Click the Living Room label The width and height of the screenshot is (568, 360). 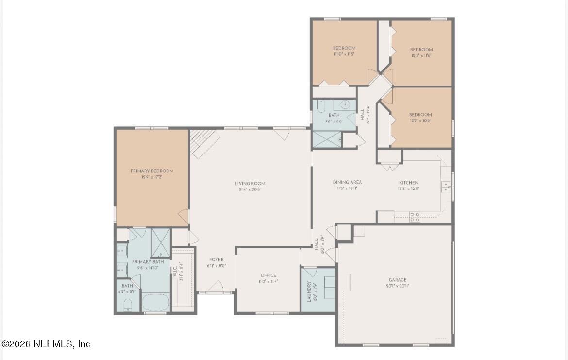pos(250,183)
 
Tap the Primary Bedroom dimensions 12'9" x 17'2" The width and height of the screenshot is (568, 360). pos(151,177)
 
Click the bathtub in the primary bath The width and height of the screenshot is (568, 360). pos(155,303)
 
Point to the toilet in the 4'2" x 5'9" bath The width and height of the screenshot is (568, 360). pos(127,305)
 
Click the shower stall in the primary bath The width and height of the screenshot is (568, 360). pos(160,241)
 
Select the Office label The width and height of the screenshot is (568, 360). pos(268,275)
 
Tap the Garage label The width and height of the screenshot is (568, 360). pos(397,280)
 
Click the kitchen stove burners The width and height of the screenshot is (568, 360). pos(414,217)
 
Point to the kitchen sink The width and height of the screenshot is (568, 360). pos(445,187)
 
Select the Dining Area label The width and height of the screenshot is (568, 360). pos(347,182)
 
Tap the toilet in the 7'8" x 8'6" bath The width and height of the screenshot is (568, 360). pos(321,105)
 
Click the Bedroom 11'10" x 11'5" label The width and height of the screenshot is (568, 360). pos(344,48)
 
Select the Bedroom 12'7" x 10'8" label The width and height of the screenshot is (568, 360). pos(420,115)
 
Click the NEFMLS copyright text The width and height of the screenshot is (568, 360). pos(46,344)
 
